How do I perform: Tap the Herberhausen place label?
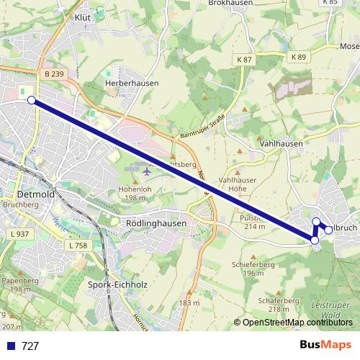tap(132, 84)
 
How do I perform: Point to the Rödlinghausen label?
tap(156, 223)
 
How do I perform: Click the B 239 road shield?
tap(53, 73)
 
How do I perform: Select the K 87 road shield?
tap(243, 58)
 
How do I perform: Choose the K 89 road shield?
tap(299, 56)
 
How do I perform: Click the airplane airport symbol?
tap(148, 171)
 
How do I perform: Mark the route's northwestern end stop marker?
tap(32, 100)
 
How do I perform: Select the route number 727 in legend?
tap(30, 346)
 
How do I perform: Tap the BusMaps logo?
tap(325, 345)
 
